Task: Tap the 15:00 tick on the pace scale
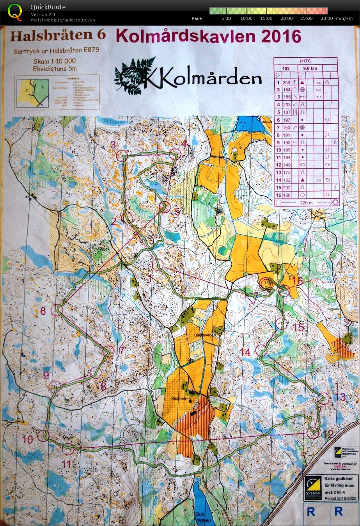click(266, 18)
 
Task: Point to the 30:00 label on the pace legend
click(326, 18)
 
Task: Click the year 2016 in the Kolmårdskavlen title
click(282, 37)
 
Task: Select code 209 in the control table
click(286, 83)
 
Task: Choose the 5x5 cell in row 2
click(319, 90)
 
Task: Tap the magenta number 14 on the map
click(245, 352)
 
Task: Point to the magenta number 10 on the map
click(27, 440)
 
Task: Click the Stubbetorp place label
click(180, 399)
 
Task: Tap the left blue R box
click(311, 511)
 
